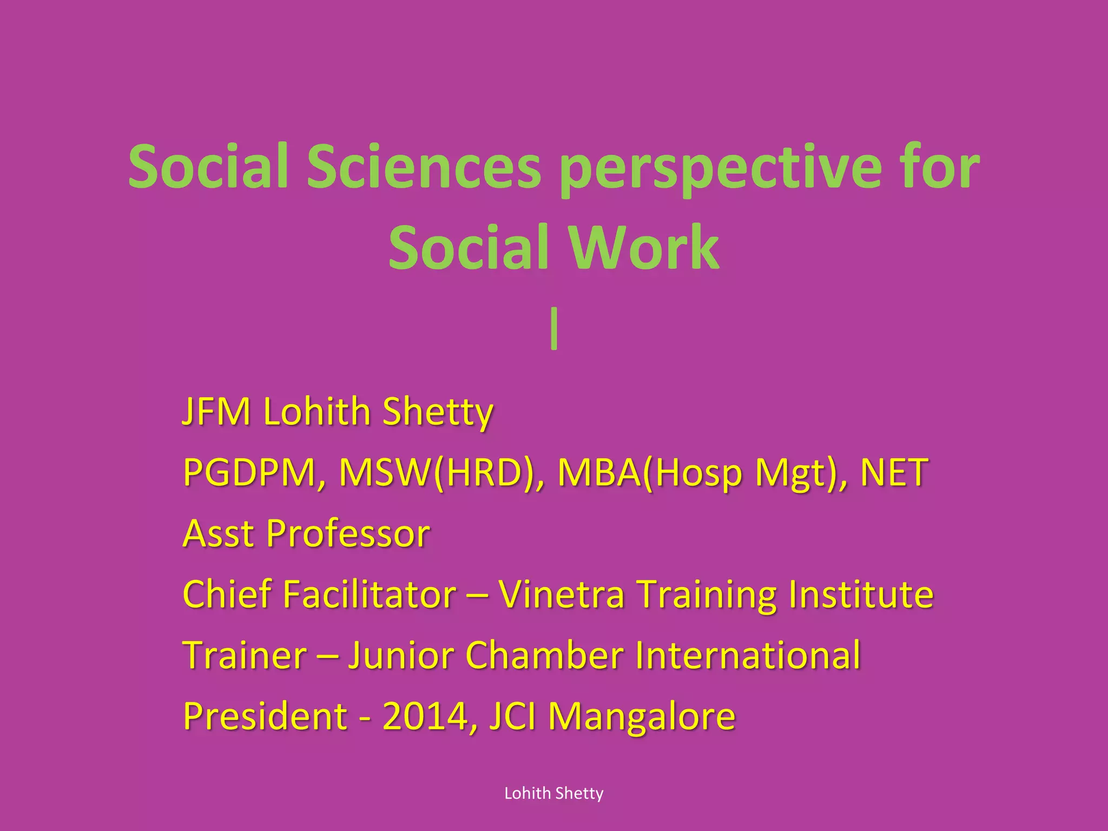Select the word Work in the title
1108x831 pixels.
coord(643,248)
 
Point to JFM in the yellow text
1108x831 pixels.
coord(216,412)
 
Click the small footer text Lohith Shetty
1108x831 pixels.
coord(553,793)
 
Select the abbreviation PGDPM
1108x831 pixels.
coord(249,472)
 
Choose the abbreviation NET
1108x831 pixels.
coord(894,472)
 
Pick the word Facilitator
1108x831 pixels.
coord(370,594)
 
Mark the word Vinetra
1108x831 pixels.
coord(561,594)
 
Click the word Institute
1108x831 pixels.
coord(860,594)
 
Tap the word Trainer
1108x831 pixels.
coord(245,655)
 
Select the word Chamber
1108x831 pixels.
coord(544,655)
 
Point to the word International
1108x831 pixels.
coord(748,655)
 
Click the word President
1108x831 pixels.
coord(265,716)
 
